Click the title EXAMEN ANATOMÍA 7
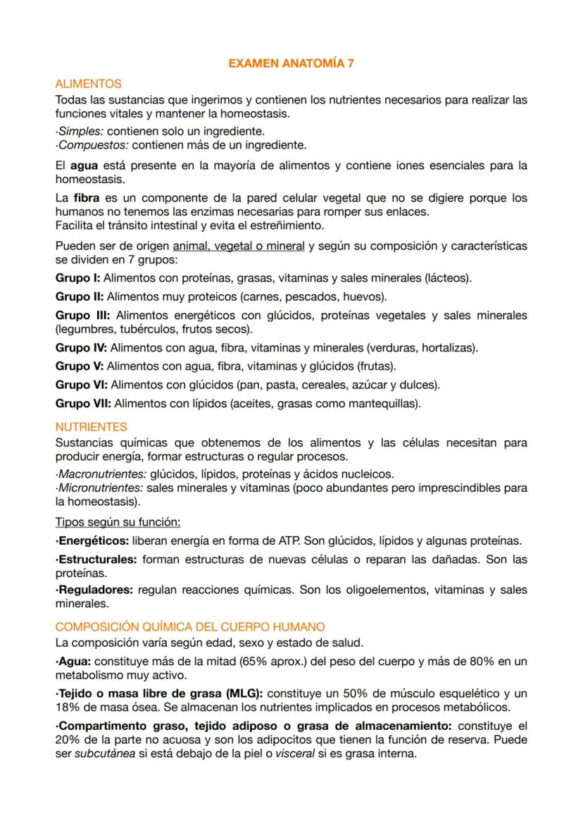point(291,63)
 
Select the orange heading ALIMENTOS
point(88,84)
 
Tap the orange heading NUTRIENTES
point(92,427)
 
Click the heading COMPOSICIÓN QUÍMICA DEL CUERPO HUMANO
point(190,626)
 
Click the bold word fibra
point(86,198)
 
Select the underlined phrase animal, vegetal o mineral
point(239,246)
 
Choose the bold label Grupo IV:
point(81,347)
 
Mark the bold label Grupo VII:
point(83,404)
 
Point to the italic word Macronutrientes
point(101,473)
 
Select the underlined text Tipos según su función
point(118,522)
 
